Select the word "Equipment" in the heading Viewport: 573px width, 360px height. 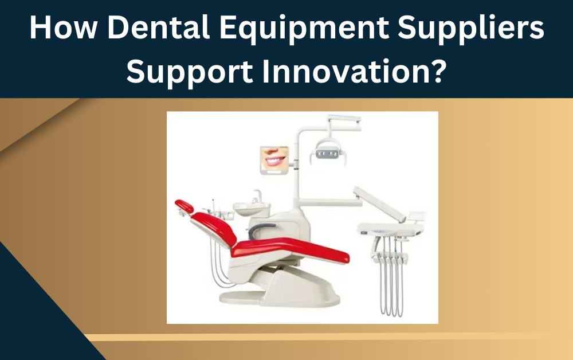[275, 29]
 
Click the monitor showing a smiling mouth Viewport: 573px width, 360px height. [274, 159]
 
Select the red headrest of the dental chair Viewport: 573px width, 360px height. [184, 205]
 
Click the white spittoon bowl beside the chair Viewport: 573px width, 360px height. [248, 208]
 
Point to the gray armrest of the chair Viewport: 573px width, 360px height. [258, 229]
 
